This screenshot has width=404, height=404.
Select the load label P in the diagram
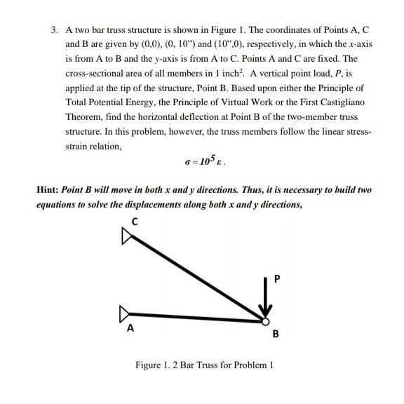[x=276, y=279]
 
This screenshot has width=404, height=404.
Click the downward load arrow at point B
[x=265, y=298]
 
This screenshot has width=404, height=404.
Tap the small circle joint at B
[x=265, y=322]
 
